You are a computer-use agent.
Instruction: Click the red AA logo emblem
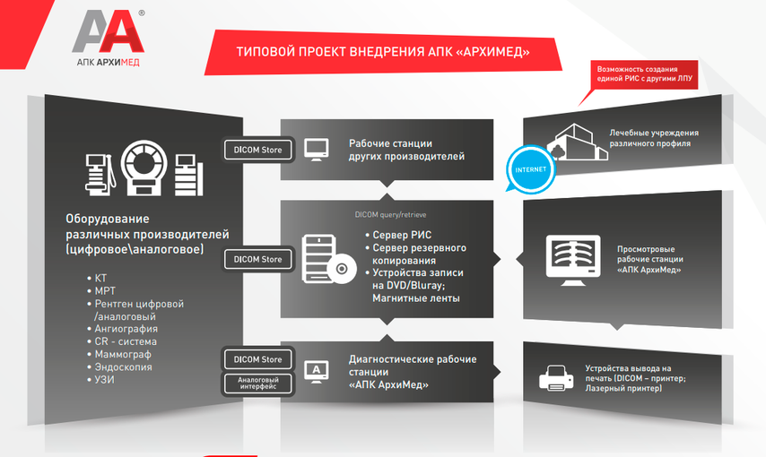(x=107, y=33)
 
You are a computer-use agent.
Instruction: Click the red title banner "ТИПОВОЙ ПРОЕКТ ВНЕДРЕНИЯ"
(x=381, y=53)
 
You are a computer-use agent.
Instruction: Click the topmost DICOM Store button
(x=258, y=150)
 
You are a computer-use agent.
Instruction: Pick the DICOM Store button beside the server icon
(x=258, y=259)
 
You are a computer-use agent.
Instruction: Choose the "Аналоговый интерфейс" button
(x=258, y=384)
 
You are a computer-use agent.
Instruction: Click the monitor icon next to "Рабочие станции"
(x=317, y=149)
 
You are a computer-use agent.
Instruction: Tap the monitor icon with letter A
(x=317, y=370)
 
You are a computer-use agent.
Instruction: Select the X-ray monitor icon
(x=575, y=260)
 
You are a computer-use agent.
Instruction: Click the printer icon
(x=555, y=379)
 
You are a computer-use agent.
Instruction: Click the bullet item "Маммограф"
(x=124, y=355)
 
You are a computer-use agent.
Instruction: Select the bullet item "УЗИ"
(x=105, y=380)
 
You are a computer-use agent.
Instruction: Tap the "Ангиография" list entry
(x=126, y=329)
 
